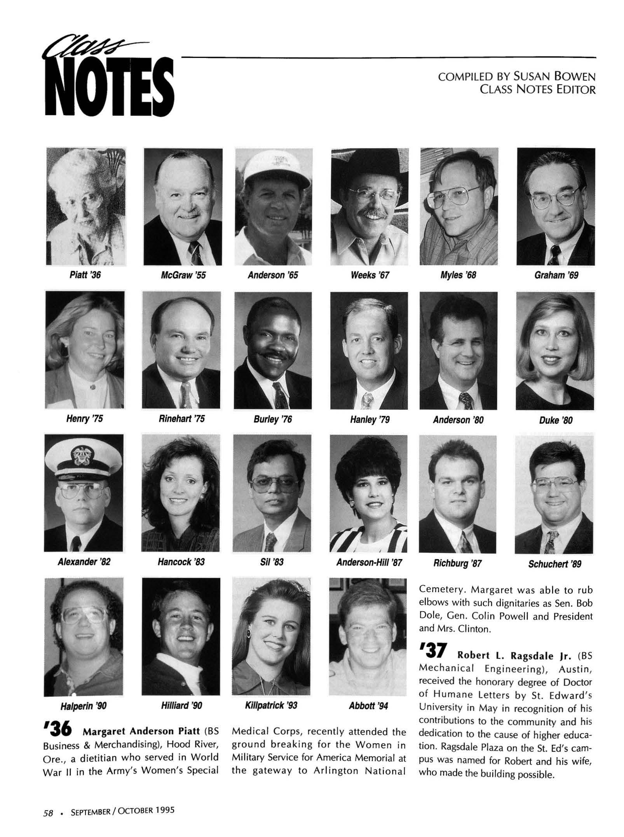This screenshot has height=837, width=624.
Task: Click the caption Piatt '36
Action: [x=85, y=275]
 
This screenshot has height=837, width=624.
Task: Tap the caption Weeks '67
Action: [x=370, y=275]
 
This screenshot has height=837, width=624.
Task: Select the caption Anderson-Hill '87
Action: [x=369, y=563]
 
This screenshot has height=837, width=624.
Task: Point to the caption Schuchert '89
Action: [x=554, y=564]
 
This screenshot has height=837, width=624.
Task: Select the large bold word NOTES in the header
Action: [x=110, y=87]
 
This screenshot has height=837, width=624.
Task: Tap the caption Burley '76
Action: [x=273, y=419]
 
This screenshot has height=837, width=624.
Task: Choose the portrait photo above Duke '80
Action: [x=555, y=351]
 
